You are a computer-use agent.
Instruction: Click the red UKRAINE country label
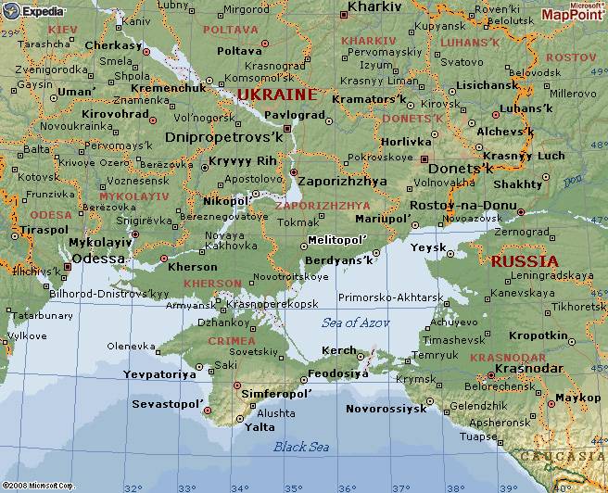(276, 95)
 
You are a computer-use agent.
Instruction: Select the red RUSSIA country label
(525, 261)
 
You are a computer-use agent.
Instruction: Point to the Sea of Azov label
(356, 322)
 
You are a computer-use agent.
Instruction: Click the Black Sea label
(301, 447)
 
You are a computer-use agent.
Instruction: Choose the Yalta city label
(259, 427)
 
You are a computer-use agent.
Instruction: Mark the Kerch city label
(337, 351)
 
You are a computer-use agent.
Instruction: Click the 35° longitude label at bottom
(294, 487)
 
